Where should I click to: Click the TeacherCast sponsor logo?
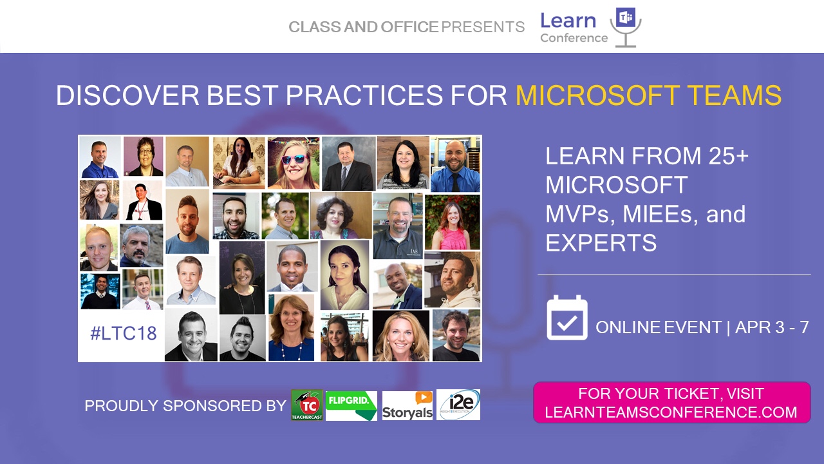pyautogui.click(x=307, y=405)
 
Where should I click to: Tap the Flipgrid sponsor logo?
pyautogui.click(x=351, y=405)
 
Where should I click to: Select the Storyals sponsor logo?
pyautogui.click(x=407, y=405)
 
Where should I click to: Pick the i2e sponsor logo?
pyautogui.click(x=458, y=405)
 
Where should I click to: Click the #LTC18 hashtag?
pyautogui.click(x=124, y=333)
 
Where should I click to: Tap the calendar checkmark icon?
pyautogui.click(x=567, y=318)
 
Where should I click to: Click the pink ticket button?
pyautogui.click(x=671, y=403)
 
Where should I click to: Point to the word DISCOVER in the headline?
pyautogui.click(x=127, y=95)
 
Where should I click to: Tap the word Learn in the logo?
pyautogui.click(x=568, y=21)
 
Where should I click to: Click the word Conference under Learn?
pyautogui.click(x=574, y=38)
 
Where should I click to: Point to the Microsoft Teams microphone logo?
pyautogui.click(x=626, y=27)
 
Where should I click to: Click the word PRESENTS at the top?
pyautogui.click(x=483, y=27)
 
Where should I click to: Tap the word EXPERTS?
pyautogui.click(x=601, y=242)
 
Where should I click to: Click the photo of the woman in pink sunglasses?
pyautogui.click(x=293, y=163)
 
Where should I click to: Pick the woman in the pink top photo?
pyautogui.click(x=453, y=222)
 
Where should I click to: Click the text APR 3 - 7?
pyautogui.click(x=772, y=327)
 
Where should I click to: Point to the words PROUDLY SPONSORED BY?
pyautogui.click(x=185, y=406)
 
